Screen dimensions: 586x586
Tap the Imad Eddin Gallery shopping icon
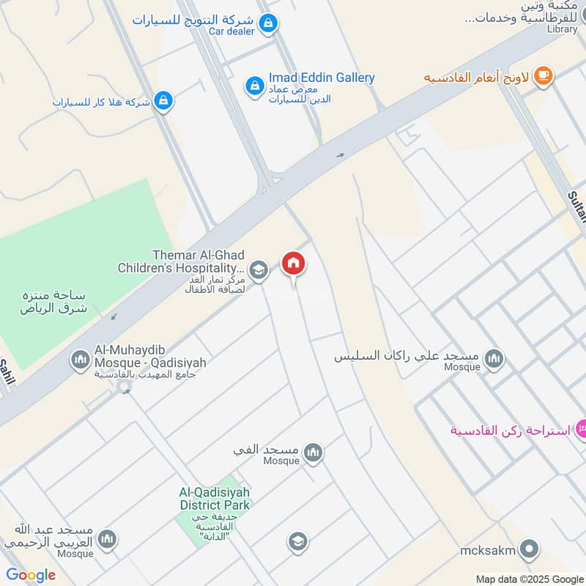254,86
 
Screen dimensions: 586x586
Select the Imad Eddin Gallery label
322,78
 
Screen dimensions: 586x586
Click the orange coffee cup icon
543,76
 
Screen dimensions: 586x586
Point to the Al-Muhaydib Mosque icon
79,360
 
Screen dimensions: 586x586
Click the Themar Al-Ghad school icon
258,270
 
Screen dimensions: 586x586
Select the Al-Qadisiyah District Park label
215,499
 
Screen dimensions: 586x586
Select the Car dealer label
231,31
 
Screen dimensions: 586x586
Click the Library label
562,29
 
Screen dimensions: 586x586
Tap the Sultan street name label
577,205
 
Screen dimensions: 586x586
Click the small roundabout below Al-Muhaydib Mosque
125,386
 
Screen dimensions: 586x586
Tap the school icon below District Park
297,541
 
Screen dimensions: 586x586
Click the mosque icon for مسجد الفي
314,453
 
